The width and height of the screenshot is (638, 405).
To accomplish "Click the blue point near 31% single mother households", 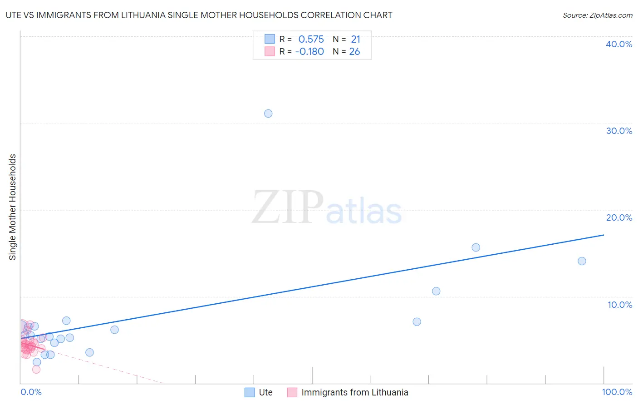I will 268,114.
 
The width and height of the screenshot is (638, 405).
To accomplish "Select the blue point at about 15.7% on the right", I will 476,247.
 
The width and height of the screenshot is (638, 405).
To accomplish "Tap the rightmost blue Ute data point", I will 582,261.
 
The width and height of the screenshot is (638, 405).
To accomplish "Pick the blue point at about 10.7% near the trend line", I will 436,291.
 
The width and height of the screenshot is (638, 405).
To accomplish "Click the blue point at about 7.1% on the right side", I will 417,322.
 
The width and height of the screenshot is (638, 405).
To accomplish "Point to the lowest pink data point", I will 36,369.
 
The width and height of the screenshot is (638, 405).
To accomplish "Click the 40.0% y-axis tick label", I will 619,44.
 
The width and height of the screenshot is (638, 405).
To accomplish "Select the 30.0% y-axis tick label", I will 619,131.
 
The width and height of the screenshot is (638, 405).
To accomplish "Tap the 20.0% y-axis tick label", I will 619,217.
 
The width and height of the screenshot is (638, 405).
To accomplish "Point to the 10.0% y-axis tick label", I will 620,305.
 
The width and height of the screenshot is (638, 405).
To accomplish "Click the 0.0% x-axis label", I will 31,392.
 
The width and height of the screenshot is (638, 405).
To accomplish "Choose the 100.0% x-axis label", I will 617,392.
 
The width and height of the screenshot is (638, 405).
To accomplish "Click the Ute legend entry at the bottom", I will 265,392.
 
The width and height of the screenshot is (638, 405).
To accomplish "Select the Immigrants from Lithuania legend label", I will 354,392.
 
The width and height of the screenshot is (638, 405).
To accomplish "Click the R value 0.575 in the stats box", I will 311,40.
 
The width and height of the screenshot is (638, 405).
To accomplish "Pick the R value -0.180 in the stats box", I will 309,52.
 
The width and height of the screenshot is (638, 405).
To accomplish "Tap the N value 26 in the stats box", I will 354,52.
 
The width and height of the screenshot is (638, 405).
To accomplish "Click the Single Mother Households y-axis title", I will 13,207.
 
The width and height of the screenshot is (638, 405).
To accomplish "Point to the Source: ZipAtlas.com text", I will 597,15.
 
